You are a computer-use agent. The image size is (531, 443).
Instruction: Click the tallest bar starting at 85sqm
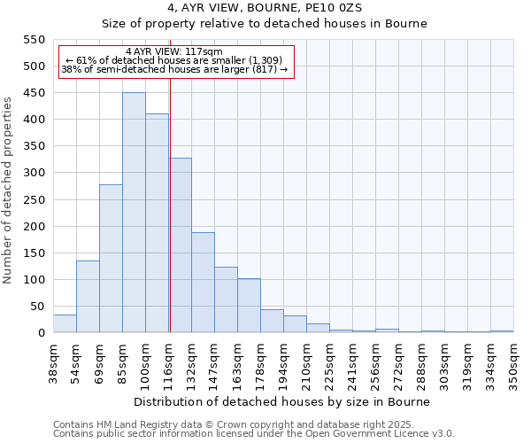[134, 213]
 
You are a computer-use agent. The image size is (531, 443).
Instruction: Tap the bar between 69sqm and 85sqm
[111, 259]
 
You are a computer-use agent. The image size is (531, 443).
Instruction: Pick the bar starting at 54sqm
[88, 297]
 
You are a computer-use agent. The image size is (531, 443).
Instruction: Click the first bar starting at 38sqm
[65, 324]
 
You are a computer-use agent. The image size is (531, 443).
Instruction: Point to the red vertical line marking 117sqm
[169, 221]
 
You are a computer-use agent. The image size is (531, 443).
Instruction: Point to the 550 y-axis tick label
[34, 40]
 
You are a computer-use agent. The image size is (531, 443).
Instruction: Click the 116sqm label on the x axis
[169, 361]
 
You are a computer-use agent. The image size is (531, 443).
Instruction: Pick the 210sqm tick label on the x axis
[307, 361]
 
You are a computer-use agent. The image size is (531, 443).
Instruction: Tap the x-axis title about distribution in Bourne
[283, 401]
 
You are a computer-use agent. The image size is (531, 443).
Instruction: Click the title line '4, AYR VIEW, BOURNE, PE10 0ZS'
[265, 8]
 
